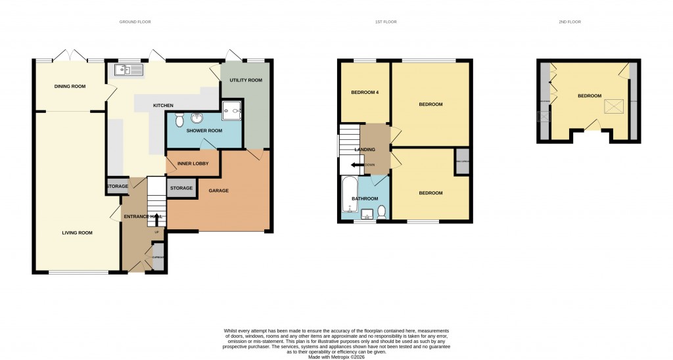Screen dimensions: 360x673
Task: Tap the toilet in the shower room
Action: pos(179,120)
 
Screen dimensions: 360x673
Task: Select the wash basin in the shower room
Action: pos(196,118)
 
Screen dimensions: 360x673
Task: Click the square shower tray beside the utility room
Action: pos(231,111)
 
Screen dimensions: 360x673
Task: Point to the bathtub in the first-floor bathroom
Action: pos(348,195)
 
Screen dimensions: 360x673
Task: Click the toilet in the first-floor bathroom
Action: pos(382,212)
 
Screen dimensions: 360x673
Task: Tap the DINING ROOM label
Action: pos(70,86)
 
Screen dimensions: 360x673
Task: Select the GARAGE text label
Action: pos(218,191)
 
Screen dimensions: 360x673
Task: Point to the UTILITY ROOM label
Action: pos(246,80)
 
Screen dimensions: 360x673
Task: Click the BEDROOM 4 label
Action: pos(365,93)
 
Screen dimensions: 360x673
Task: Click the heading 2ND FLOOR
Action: pos(570,22)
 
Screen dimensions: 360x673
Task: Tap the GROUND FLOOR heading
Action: pos(135,22)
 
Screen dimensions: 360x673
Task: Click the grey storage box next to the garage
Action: pos(181,189)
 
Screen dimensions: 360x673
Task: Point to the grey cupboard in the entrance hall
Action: pos(158,257)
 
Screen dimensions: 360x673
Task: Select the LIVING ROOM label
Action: pos(77,233)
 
